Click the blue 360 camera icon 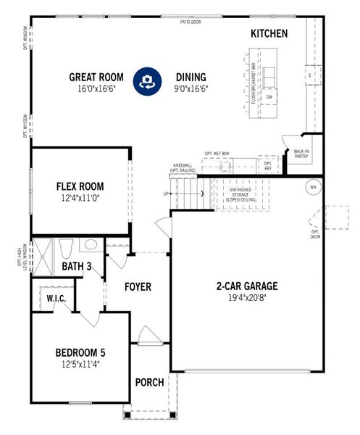147,81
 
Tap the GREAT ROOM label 96,77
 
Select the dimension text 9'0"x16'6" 191,89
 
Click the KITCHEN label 269,33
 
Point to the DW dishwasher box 269,96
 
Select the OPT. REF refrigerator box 267,165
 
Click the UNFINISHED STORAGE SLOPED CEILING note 240,194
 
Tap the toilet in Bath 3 66,248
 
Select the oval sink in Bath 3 91,245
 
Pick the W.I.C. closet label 56,298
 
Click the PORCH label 150,382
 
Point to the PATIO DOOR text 191,22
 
